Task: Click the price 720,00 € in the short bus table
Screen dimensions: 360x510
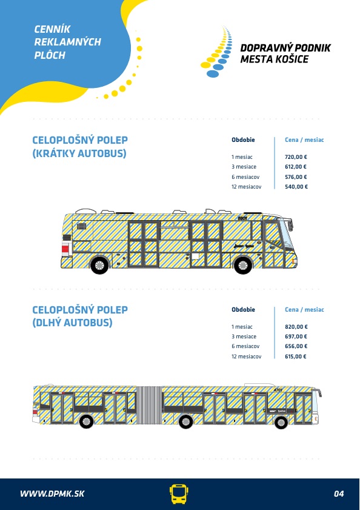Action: [x=296, y=157]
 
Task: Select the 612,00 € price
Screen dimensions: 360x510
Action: [x=296, y=167]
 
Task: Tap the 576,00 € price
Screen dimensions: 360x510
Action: [x=296, y=177]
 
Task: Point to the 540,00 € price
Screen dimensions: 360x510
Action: [x=296, y=187]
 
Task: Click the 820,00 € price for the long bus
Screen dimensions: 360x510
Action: [x=296, y=326]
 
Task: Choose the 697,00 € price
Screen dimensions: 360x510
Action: [x=296, y=337]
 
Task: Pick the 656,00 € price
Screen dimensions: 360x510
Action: [x=296, y=346]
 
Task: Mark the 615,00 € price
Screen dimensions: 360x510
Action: [x=296, y=357]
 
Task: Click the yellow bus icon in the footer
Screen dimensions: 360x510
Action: [x=179, y=494]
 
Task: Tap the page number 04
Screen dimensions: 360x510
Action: [x=339, y=494]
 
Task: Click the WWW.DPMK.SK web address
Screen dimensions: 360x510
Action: [x=52, y=494]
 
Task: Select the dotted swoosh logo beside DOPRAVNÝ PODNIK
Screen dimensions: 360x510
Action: [x=216, y=52]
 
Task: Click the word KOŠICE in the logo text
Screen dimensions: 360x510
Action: [x=292, y=59]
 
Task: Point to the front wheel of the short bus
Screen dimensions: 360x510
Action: [x=242, y=265]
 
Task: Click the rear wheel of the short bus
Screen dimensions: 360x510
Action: [x=99, y=265]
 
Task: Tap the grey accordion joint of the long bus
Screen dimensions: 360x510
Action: [x=149, y=405]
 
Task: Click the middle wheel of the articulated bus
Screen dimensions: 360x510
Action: [x=185, y=422]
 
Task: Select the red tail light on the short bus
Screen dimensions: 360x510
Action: [x=65, y=249]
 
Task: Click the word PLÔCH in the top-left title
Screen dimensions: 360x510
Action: [x=50, y=55]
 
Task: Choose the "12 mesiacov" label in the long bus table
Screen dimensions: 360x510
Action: [x=246, y=357]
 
